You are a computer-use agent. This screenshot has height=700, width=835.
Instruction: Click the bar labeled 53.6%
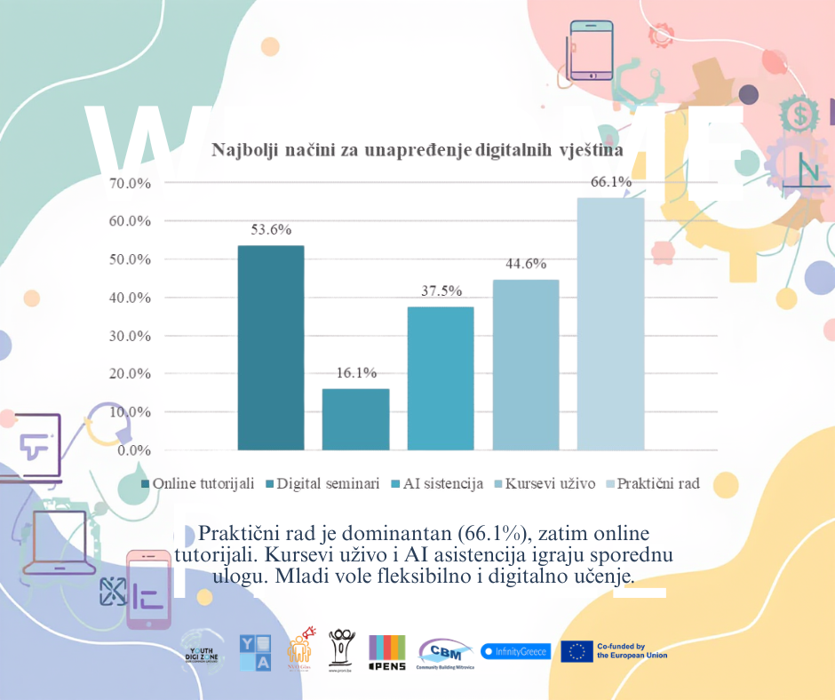(x=270, y=347)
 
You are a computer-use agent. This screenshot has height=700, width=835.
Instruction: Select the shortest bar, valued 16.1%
(x=355, y=419)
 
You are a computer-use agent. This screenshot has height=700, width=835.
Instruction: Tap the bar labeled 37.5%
(x=441, y=378)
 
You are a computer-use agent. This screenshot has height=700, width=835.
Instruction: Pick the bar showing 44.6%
(x=526, y=365)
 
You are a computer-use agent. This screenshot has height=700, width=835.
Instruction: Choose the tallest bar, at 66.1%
(x=610, y=324)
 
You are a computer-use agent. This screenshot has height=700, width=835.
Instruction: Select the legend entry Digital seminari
(x=323, y=484)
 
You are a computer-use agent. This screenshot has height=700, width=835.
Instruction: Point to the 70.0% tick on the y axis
(x=130, y=183)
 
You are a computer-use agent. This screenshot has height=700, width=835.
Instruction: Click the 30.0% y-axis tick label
(x=130, y=336)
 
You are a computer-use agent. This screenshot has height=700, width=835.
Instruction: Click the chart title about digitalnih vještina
(x=417, y=150)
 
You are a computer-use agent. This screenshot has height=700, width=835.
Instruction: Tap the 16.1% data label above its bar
(x=355, y=372)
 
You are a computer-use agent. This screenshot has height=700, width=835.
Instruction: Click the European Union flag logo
(x=577, y=651)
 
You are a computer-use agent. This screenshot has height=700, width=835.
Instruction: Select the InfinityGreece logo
(x=515, y=651)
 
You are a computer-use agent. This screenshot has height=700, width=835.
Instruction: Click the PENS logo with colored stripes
(x=387, y=653)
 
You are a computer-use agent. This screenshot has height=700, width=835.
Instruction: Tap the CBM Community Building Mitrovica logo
(x=446, y=654)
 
